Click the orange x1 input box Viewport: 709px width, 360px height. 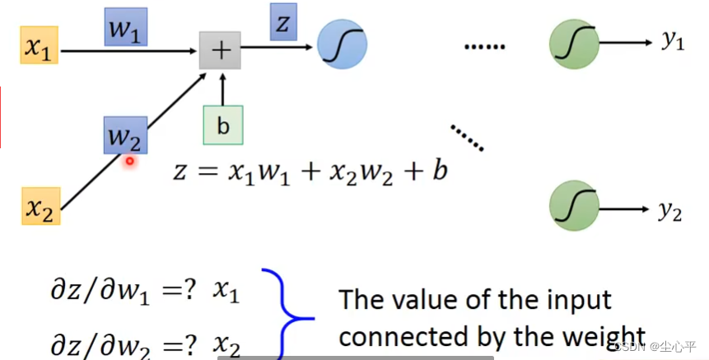point(40,44)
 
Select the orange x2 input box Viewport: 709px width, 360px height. point(40,206)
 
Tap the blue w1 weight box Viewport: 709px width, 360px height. point(126,26)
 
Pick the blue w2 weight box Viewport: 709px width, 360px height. point(126,135)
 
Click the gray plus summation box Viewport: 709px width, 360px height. point(220,50)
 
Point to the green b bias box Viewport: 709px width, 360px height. point(223,125)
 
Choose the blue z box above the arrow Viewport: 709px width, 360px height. point(283,21)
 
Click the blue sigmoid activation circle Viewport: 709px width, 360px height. point(343,44)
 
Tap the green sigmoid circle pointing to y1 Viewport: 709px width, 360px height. point(574,44)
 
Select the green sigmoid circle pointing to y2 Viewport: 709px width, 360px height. point(574,206)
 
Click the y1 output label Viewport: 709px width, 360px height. point(673,40)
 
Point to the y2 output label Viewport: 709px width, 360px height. point(669,211)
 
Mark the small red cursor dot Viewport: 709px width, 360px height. point(130,161)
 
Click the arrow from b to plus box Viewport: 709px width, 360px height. point(222,89)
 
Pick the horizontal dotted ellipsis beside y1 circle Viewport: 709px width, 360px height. point(485,47)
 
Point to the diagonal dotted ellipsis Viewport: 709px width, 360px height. point(467,138)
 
